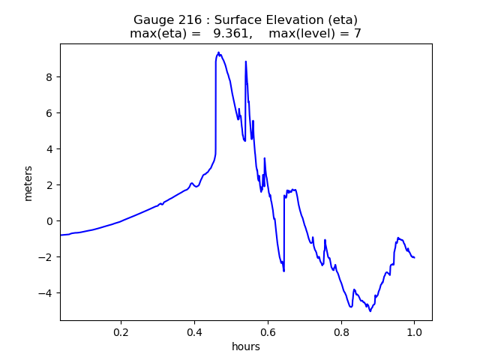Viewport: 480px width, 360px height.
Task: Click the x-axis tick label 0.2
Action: pos(121,331)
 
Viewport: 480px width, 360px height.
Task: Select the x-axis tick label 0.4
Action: pos(195,331)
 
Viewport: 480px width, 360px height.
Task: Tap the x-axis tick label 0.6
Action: pos(268,331)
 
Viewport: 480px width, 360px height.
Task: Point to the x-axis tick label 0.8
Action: pos(341,331)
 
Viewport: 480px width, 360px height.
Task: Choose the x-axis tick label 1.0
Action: pos(415,331)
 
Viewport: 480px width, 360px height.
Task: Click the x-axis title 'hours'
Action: pos(246,346)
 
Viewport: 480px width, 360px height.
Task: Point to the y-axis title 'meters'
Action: pos(28,182)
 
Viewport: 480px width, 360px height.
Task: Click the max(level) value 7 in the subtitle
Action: pos(357,34)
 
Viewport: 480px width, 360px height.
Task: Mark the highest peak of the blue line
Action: pos(218,52)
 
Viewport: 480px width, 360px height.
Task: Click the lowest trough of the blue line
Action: pos(370,310)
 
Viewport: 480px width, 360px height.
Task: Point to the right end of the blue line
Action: pos(415,257)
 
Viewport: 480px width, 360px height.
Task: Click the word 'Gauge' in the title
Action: pos(153,20)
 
